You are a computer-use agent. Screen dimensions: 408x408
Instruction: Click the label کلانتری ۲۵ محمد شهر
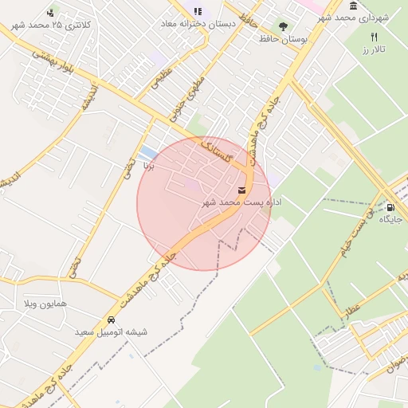coord(52,25)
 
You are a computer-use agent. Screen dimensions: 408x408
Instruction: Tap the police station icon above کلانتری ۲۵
coord(52,12)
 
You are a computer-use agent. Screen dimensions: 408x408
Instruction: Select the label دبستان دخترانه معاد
coord(198,25)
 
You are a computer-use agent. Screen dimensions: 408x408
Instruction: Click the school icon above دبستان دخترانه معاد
coord(198,11)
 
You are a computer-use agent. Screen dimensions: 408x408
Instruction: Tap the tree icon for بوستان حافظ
coord(284,25)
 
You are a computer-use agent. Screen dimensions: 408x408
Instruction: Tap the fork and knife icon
coord(375,37)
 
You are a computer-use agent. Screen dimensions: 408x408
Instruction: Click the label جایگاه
coord(390,218)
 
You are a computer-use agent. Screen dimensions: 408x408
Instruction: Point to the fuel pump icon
coord(390,206)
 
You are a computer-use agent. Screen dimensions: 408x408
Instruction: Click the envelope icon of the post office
coord(241,190)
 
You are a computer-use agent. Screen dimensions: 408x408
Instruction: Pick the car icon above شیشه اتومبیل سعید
coord(111,320)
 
